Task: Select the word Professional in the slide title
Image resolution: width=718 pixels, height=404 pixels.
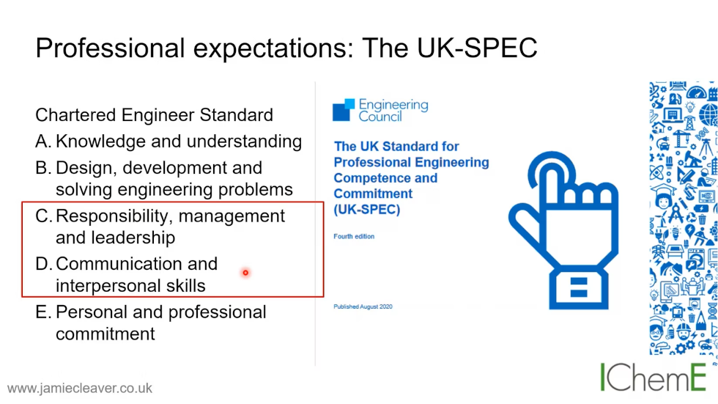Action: point(108,48)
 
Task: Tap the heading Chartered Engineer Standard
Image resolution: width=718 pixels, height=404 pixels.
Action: point(154,115)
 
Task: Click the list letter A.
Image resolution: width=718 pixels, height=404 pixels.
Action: point(42,142)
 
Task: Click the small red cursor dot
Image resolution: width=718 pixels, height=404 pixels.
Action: point(245,273)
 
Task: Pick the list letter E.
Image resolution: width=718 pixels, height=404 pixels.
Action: point(42,312)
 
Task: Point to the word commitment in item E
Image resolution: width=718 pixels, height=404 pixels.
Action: point(106,334)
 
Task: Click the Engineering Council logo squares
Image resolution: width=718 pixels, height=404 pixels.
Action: point(344,110)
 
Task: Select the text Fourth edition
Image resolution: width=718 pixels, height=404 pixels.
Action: point(354,237)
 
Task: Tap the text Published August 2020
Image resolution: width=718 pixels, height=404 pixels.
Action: point(363,306)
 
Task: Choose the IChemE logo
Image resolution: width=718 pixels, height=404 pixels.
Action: point(654,377)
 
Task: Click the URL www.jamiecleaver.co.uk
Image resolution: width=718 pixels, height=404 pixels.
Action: point(80,388)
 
